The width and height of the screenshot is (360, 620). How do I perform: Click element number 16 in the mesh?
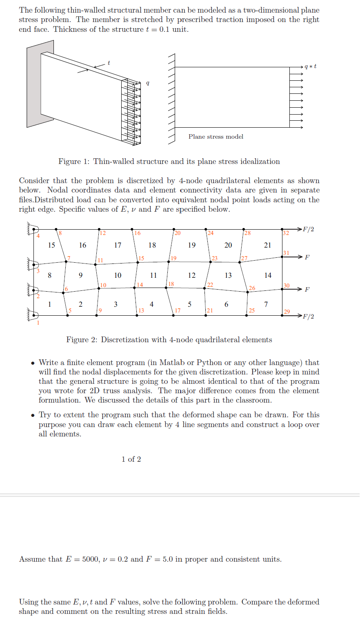click(x=82, y=245)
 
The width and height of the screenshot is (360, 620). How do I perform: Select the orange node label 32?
click(x=286, y=233)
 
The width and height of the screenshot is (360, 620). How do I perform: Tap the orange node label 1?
click(x=38, y=323)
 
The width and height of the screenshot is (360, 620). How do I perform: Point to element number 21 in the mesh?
click(x=267, y=245)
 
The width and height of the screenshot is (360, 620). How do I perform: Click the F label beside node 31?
click(x=307, y=257)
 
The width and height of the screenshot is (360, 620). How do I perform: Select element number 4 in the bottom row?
click(x=151, y=304)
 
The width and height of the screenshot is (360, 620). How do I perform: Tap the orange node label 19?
click(x=173, y=258)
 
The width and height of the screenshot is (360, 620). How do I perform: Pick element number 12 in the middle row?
click(x=191, y=275)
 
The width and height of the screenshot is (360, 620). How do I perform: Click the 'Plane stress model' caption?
click(x=216, y=137)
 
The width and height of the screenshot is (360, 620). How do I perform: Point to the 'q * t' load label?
click(x=310, y=66)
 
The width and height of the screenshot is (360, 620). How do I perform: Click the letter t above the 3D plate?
click(x=109, y=63)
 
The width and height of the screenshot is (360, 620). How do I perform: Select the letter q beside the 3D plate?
click(x=147, y=83)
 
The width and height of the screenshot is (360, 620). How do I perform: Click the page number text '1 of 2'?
click(x=131, y=459)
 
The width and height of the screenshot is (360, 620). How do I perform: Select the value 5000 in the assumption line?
click(x=91, y=559)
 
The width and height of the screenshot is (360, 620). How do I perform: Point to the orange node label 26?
click(x=252, y=288)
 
